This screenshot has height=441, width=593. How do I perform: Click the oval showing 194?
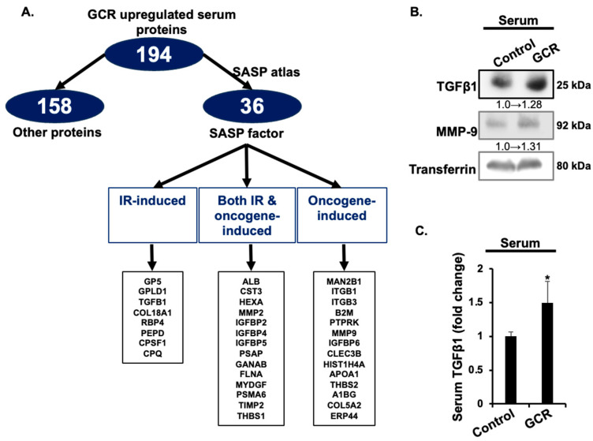pos(154,54)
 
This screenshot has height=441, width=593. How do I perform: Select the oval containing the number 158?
pos(55,106)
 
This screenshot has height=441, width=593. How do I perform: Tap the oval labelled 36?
pos(252,106)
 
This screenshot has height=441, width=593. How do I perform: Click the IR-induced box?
pos(152,215)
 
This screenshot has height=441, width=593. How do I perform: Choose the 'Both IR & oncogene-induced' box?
pos(247,215)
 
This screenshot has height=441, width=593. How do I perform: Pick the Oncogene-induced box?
pos(342,215)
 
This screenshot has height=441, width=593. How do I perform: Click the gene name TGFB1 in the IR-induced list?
pos(152,302)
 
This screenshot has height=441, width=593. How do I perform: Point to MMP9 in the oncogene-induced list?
pos(344,333)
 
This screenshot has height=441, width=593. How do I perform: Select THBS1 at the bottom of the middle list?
pos(251,416)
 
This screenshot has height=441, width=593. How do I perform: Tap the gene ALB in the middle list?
pos(251,282)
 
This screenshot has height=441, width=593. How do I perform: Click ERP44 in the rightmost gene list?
pos(344,416)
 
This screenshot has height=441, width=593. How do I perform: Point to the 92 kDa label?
pos(573,125)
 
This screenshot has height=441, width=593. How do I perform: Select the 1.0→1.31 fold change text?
pos(518,146)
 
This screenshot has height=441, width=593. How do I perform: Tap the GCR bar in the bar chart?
pos(547,353)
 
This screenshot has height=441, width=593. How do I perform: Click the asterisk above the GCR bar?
pos(547,278)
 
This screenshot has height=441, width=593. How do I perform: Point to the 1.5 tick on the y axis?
pos(476,303)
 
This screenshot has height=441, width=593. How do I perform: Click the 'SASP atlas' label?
pos(266,72)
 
